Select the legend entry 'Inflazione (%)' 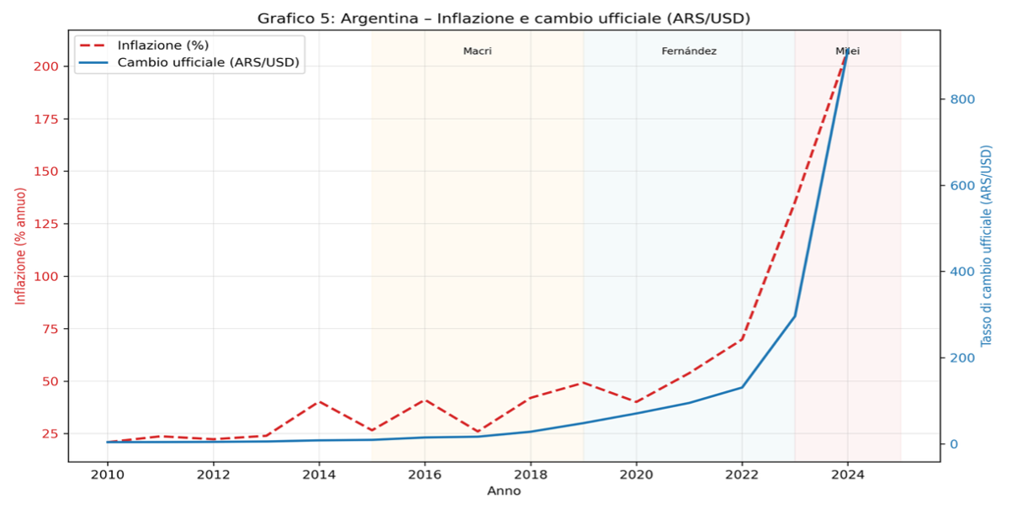tap(163, 45)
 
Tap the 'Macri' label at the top tap(477, 51)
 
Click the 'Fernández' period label tap(689, 51)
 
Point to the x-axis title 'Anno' tap(503, 491)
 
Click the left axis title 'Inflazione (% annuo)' tap(21, 246)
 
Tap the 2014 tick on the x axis tap(319, 474)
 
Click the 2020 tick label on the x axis tap(636, 474)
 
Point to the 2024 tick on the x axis tap(847, 474)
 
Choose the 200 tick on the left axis tap(47, 66)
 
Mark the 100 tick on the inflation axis tap(47, 276)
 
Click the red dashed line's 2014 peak tap(319, 401)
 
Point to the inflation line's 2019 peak tap(583, 383)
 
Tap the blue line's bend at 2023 tap(795, 316)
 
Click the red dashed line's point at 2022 tap(742, 339)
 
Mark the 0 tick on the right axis tap(955, 444)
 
